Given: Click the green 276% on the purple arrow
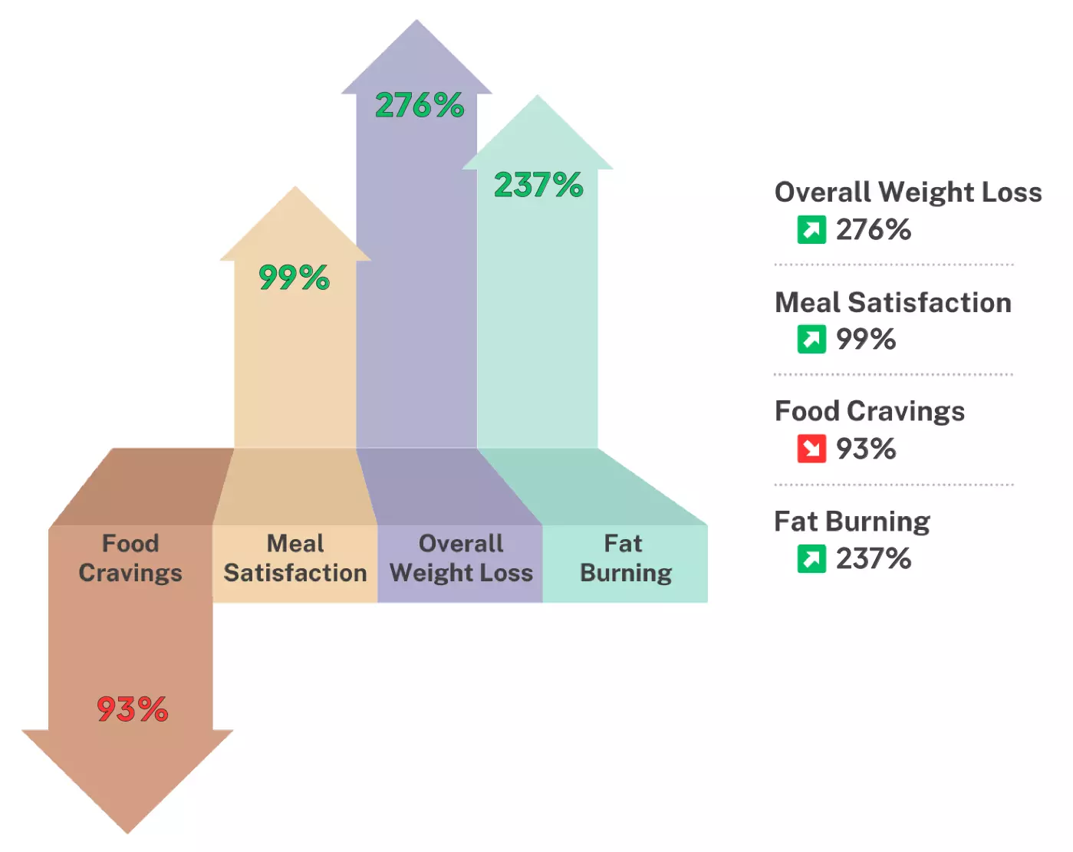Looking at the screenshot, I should (420, 105).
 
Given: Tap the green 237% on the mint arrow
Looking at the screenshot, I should (538, 185).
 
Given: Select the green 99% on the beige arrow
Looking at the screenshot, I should (294, 277).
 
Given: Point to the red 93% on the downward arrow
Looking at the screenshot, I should (132, 709).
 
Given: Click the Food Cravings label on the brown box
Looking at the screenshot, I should (130, 558).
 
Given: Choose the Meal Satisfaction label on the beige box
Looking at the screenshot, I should (295, 558).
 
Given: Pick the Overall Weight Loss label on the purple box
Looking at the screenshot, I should (461, 558).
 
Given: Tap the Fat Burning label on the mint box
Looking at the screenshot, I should (625, 558).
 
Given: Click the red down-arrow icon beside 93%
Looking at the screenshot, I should (811, 449).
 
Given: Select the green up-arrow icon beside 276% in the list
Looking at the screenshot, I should (811, 229).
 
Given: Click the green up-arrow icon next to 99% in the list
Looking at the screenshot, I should (811, 339).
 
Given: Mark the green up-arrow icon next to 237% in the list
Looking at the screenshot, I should (811, 558).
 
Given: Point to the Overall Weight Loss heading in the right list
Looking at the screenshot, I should (908, 192).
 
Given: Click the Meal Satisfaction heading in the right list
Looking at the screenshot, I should (893, 302).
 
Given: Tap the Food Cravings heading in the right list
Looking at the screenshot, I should (870, 412).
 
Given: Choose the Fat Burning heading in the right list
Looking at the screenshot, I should (852, 521).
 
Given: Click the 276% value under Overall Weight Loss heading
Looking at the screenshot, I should (874, 229).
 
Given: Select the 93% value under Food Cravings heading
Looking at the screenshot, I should (866, 449).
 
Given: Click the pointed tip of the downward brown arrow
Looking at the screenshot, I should (127, 831).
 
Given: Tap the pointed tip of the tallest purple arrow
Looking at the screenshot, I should (416, 23).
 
